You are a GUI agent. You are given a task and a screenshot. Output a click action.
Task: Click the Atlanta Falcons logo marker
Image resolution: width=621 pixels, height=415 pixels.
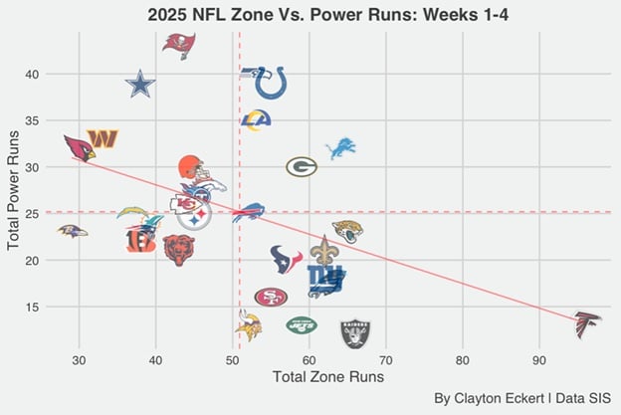(588, 323)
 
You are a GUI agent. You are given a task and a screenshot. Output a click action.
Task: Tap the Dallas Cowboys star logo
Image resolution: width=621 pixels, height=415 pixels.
(141, 85)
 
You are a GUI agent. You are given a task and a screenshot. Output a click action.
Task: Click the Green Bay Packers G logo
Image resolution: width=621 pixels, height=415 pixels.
(302, 166)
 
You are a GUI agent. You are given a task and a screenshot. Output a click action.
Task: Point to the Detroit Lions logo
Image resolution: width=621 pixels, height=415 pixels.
(340, 148)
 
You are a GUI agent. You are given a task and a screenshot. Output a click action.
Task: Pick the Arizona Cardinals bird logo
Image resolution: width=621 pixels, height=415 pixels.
(79, 147)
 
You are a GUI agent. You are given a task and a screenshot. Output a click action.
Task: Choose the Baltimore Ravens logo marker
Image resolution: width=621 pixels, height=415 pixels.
(72, 231)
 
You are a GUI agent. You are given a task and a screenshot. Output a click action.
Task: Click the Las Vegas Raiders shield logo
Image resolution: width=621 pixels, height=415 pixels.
(355, 332)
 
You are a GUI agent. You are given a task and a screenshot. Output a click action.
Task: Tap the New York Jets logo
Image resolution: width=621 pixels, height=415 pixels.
(301, 324)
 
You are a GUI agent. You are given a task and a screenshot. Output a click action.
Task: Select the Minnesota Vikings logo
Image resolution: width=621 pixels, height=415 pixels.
(248, 324)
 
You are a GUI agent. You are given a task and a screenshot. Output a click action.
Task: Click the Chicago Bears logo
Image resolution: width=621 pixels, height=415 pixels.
(179, 249)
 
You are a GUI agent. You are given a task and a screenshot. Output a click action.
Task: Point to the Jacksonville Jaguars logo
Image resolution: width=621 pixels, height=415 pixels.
(347, 231)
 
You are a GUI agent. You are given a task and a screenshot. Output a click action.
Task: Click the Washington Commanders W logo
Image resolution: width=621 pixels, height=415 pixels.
(103, 138)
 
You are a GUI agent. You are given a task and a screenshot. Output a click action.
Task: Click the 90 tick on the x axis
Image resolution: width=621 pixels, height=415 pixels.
(539, 359)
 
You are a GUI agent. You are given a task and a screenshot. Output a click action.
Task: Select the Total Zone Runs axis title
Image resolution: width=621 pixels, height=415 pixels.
(327, 378)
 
